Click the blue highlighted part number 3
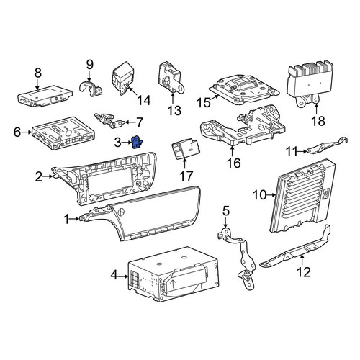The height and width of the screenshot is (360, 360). [137, 143]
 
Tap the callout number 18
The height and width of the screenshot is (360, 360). [318, 121]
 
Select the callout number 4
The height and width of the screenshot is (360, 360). [114, 275]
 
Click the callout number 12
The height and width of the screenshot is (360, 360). [304, 272]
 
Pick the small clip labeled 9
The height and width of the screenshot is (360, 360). [91, 88]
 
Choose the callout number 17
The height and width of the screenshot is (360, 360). [186, 176]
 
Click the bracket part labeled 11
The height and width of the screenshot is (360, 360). [328, 145]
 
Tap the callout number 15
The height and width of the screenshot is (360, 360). [204, 103]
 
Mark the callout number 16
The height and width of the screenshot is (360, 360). [234, 163]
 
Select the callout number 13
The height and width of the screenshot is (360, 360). [174, 111]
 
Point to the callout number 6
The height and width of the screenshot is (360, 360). [17, 132]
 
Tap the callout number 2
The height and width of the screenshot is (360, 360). [38, 177]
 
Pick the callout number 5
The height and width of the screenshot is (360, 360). [226, 211]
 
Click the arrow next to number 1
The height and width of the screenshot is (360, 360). [74, 219]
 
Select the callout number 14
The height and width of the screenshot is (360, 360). [144, 100]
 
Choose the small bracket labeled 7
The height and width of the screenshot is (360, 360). [109, 120]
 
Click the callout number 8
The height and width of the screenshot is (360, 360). [38, 73]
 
